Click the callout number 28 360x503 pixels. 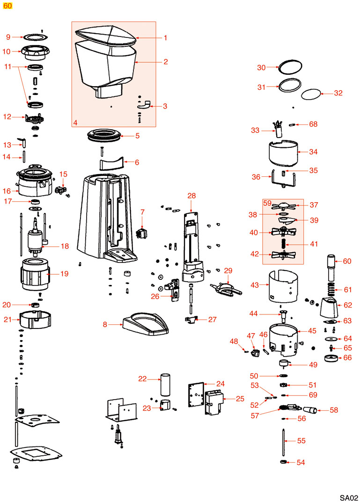point(191,196)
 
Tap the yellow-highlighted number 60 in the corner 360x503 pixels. point(8,6)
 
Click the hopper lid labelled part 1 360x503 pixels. point(106,36)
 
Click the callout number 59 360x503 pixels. point(267,204)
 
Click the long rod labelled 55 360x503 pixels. point(284,441)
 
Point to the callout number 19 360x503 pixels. point(64,273)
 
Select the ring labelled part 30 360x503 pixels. point(288,67)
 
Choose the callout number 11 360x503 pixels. point(7,66)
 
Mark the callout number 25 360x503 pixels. point(240,399)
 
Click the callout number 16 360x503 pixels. point(7,191)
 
